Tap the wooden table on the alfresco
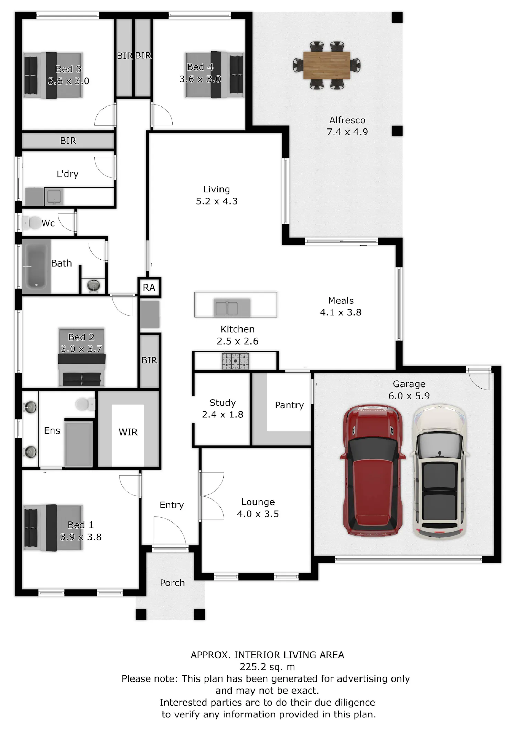click(x=326, y=65)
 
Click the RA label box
click(x=149, y=287)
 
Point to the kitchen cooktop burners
click(x=235, y=361)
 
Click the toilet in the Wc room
click(x=32, y=223)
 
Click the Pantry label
click(x=289, y=405)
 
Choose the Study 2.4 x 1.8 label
click(x=223, y=408)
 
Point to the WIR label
click(x=128, y=432)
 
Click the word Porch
click(x=172, y=583)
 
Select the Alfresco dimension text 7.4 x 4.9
click(x=347, y=132)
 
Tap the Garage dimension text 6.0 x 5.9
click(x=409, y=396)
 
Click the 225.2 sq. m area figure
click(x=267, y=667)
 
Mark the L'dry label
click(x=67, y=174)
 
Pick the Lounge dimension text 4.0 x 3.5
click(x=258, y=514)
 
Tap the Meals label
click(x=341, y=301)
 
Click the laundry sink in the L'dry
click(x=54, y=197)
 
